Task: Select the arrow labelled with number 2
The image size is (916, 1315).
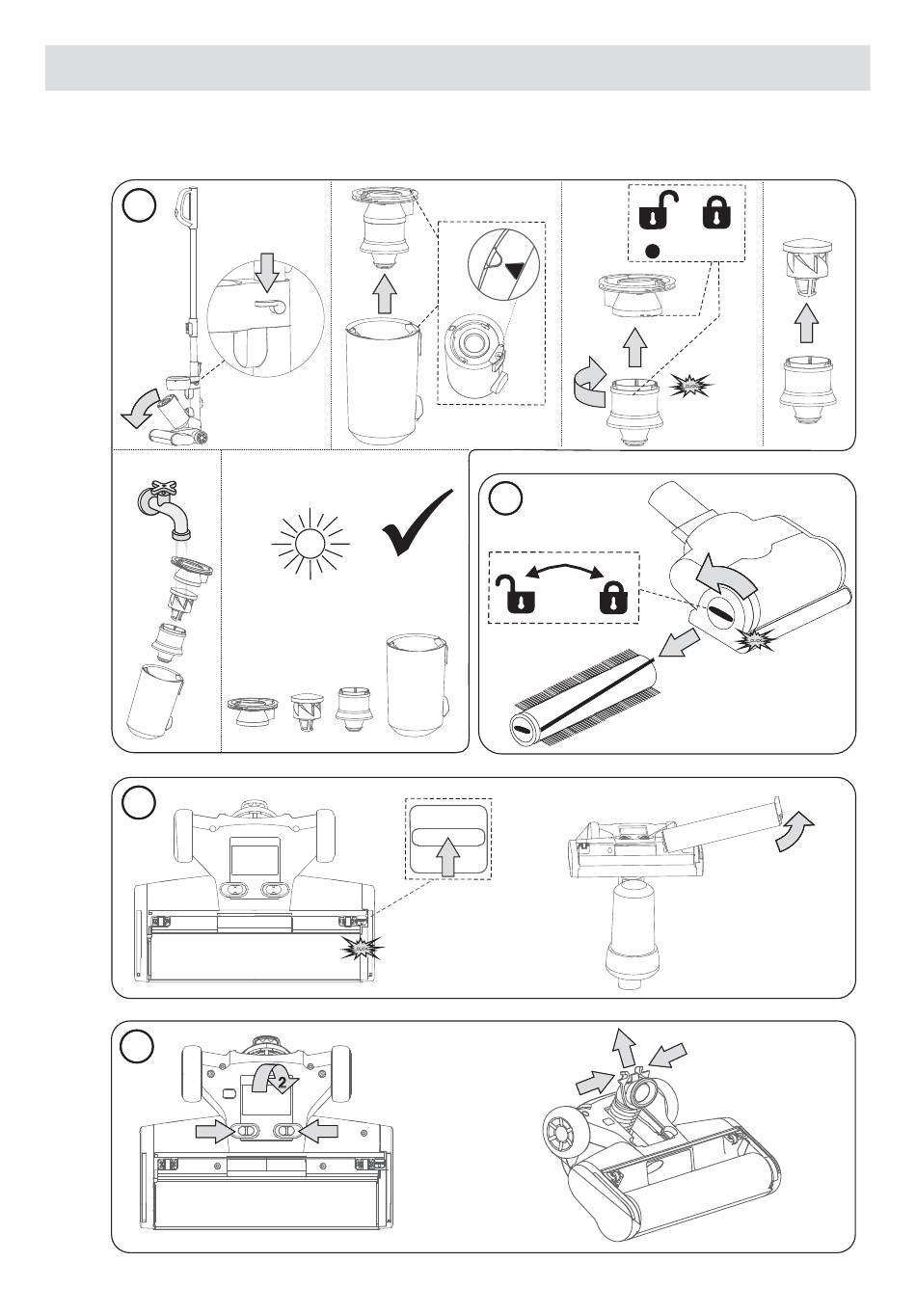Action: tap(277, 1081)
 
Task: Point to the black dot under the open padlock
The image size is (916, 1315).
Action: tap(652, 250)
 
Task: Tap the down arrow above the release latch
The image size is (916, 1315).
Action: tap(268, 272)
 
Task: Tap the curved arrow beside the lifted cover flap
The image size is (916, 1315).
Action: tap(796, 828)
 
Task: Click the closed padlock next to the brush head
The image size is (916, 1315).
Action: tap(611, 598)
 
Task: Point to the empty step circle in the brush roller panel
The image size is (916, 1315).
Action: tap(506, 497)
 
